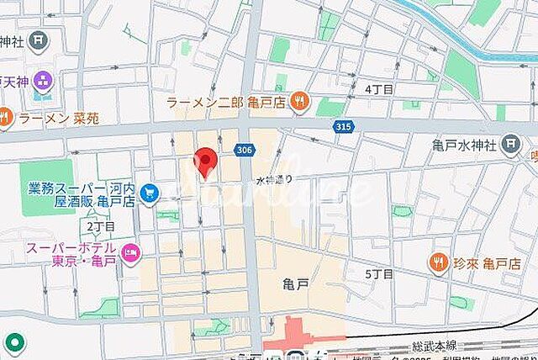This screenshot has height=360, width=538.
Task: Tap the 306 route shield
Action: pos(244,149)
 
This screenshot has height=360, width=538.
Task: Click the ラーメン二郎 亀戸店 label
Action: pos(225,103)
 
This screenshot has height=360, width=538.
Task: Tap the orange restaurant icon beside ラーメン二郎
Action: pos(298,103)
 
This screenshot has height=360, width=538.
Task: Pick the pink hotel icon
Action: pos(131,251)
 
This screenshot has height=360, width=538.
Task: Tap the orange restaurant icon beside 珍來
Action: pos(438,263)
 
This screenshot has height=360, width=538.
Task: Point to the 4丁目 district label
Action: pos(379,88)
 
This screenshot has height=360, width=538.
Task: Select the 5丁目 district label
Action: pos(379,274)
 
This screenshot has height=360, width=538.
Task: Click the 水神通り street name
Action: pos(274,179)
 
